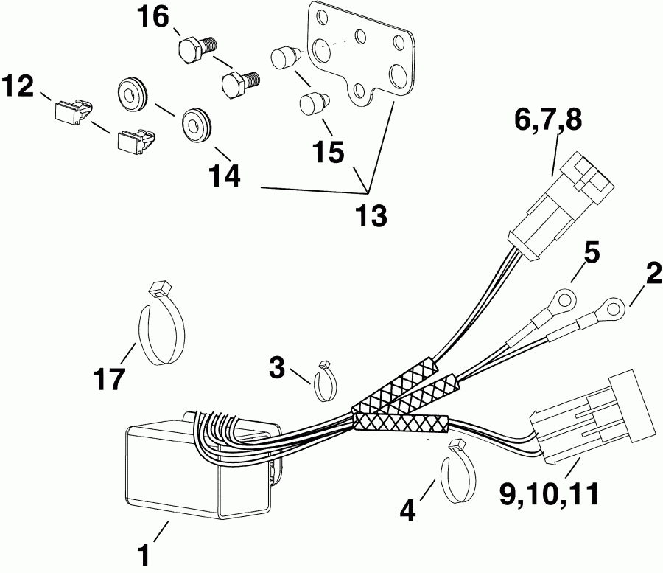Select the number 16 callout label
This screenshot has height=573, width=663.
pos(153,16)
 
